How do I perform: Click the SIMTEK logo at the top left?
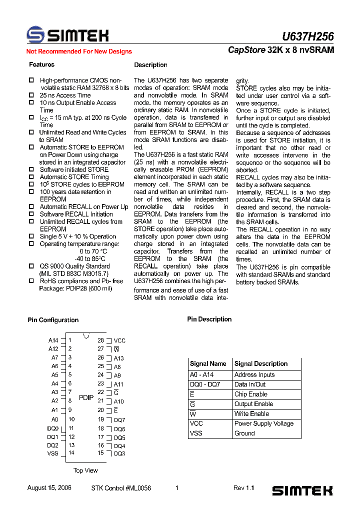pyautogui.click(x=67, y=35)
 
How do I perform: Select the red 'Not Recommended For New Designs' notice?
pyautogui.click(x=79, y=51)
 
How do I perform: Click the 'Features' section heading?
pyautogui.click(x=41, y=64)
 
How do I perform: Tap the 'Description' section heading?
pyautogui.click(x=150, y=65)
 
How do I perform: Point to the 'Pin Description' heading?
pyautogui.click(x=209, y=319)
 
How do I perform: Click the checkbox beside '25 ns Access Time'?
pyautogui.click(x=31, y=95)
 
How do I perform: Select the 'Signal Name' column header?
pyautogui.click(x=208, y=363)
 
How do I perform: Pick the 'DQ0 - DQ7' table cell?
pyautogui.click(x=204, y=384)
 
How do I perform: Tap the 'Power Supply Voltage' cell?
pyautogui.click(x=264, y=423)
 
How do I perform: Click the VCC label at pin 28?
pyautogui.click(x=119, y=340)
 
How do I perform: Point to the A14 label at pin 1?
pyautogui.click(x=53, y=340)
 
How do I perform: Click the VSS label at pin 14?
pyautogui.click(x=52, y=453)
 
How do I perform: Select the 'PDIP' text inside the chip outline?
pyautogui.click(x=86, y=397)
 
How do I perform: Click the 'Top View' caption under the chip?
pyautogui.click(x=85, y=470)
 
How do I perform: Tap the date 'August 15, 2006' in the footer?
pyautogui.click(x=49, y=488)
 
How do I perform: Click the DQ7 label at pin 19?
pyautogui.click(x=119, y=420)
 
